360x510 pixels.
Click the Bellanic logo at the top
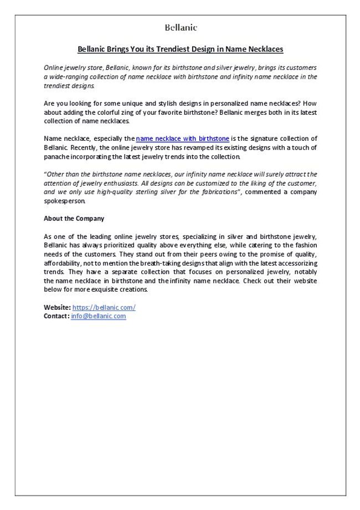[x=181, y=27]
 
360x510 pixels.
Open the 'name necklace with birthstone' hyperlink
[x=182, y=139]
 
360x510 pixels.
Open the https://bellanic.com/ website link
[x=104, y=307]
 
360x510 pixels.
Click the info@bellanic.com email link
[x=98, y=316]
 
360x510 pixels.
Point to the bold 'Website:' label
[x=57, y=307]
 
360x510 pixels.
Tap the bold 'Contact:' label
[x=56, y=316]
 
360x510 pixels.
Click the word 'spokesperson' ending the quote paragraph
[x=64, y=201]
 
